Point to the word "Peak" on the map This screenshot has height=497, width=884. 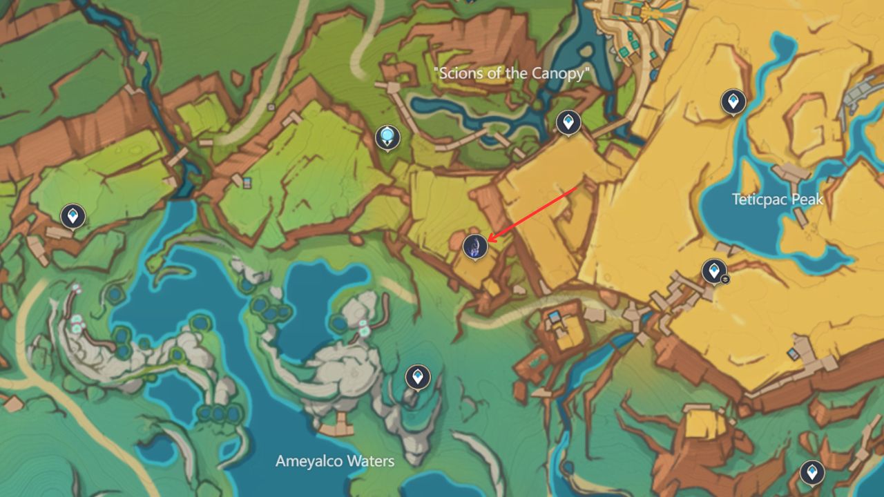coord(809,200)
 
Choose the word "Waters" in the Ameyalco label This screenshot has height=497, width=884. coord(372,461)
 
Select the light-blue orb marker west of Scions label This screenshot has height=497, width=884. coord(387,137)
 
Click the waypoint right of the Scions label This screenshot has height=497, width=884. coord(568,123)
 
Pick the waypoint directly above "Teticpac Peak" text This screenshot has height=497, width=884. coord(733,101)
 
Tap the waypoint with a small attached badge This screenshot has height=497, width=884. coord(713,271)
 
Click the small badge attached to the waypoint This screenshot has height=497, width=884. coord(725,280)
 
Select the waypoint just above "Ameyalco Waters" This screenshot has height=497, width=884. coord(417,377)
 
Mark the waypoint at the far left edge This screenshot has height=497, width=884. coord(73,215)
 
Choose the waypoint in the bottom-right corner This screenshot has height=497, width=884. coord(812,472)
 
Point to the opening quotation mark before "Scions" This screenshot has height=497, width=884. coord(436,70)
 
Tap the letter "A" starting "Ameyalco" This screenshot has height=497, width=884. coord(280,461)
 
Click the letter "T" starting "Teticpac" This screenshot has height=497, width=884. coord(736,200)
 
